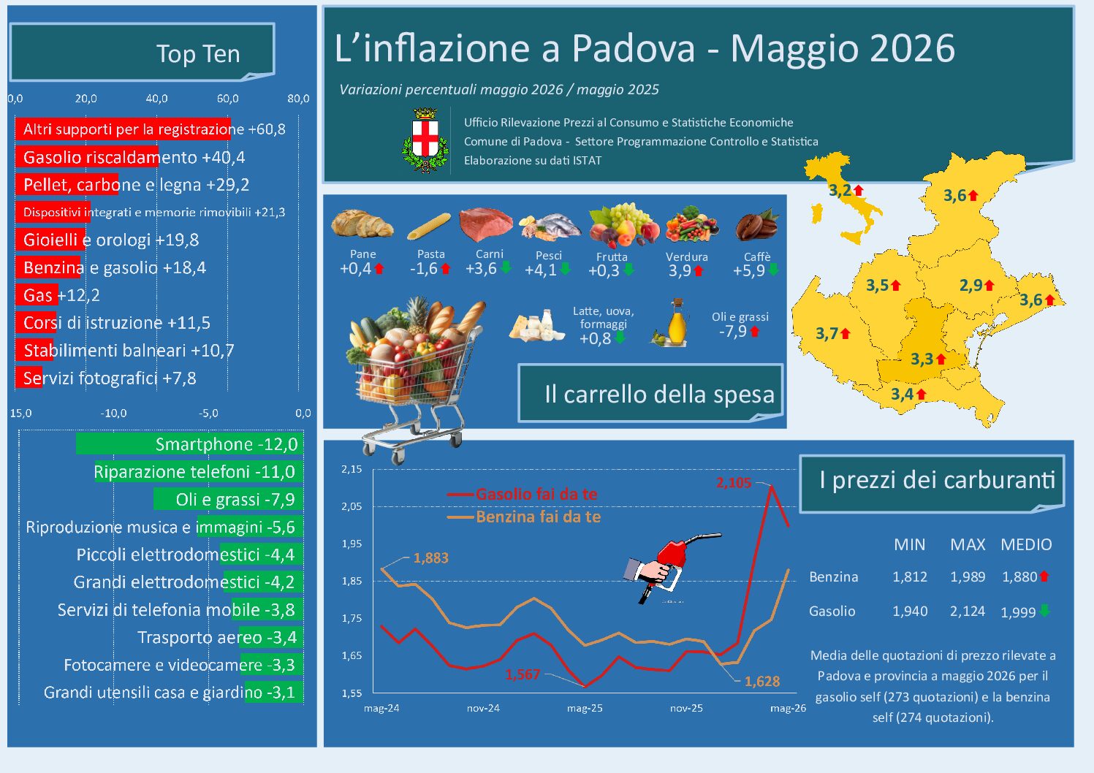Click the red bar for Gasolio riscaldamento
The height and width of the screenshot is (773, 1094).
(87, 157)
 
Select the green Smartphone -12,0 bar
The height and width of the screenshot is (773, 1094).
(189, 444)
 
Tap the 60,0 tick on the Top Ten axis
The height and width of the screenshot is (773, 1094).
(227, 99)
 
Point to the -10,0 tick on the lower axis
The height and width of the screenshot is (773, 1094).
(113, 414)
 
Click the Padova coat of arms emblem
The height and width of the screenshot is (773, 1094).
(425, 140)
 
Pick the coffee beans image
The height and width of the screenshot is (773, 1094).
(756, 226)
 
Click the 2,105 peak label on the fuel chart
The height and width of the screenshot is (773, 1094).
(734, 483)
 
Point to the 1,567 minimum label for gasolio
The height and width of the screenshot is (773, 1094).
(523, 675)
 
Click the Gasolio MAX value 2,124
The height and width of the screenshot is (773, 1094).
(968, 611)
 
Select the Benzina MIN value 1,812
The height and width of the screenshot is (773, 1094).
(910, 576)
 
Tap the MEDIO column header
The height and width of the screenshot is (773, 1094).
(1026, 544)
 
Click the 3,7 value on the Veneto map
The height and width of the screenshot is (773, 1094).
(827, 334)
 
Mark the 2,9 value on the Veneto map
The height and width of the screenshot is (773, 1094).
(971, 285)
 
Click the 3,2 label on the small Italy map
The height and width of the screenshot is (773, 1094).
(840, 190)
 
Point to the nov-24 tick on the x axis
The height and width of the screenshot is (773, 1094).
(483, 708)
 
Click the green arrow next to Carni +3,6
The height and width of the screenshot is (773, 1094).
(506, 267)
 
